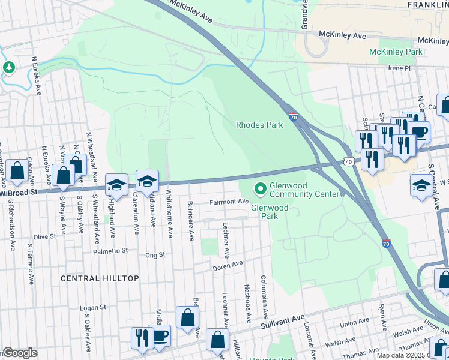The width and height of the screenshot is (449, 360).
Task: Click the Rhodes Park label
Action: click(259, 125)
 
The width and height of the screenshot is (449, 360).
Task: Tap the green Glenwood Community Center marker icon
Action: click(260, 189)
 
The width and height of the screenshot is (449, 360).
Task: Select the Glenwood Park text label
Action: click(270, 212)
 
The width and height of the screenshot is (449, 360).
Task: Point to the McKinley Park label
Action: click(396, 52)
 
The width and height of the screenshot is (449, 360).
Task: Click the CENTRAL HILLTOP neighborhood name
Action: click(100, 278)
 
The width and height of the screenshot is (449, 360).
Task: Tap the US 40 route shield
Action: click(349, 161)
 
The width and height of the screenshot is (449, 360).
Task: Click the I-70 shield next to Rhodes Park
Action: click(293, 118)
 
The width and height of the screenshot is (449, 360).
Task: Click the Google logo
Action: click(19, 353)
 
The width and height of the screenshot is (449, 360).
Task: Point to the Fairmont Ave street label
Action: click(229, 202)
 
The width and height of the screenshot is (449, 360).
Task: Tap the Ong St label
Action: click(155, 255)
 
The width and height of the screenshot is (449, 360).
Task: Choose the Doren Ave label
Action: click(228, 264)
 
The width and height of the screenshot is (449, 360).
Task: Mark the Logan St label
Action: click(92, 307)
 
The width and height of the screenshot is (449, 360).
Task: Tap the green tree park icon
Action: click(8, 67)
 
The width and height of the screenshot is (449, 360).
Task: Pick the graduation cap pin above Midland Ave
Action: click(147, 180)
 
